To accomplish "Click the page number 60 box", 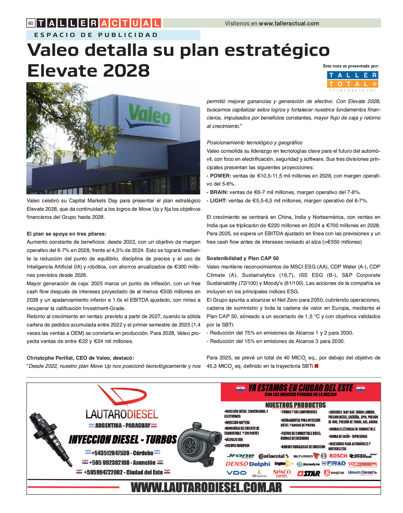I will click(31, 23).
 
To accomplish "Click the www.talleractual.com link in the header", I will click(289, 23).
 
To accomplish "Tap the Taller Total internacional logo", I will click(353, 81).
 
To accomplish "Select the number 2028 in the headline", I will click(126, 71).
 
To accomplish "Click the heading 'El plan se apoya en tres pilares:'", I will click(66, 234).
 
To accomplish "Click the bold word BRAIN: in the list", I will click(219, 192).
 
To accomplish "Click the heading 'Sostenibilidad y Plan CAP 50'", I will click(243, 259).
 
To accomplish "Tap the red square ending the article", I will click(316, 366).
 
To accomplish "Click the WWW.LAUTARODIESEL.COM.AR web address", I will click(206, 488).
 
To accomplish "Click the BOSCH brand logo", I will click(338, 456).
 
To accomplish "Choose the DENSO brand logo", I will click(236, 464).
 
